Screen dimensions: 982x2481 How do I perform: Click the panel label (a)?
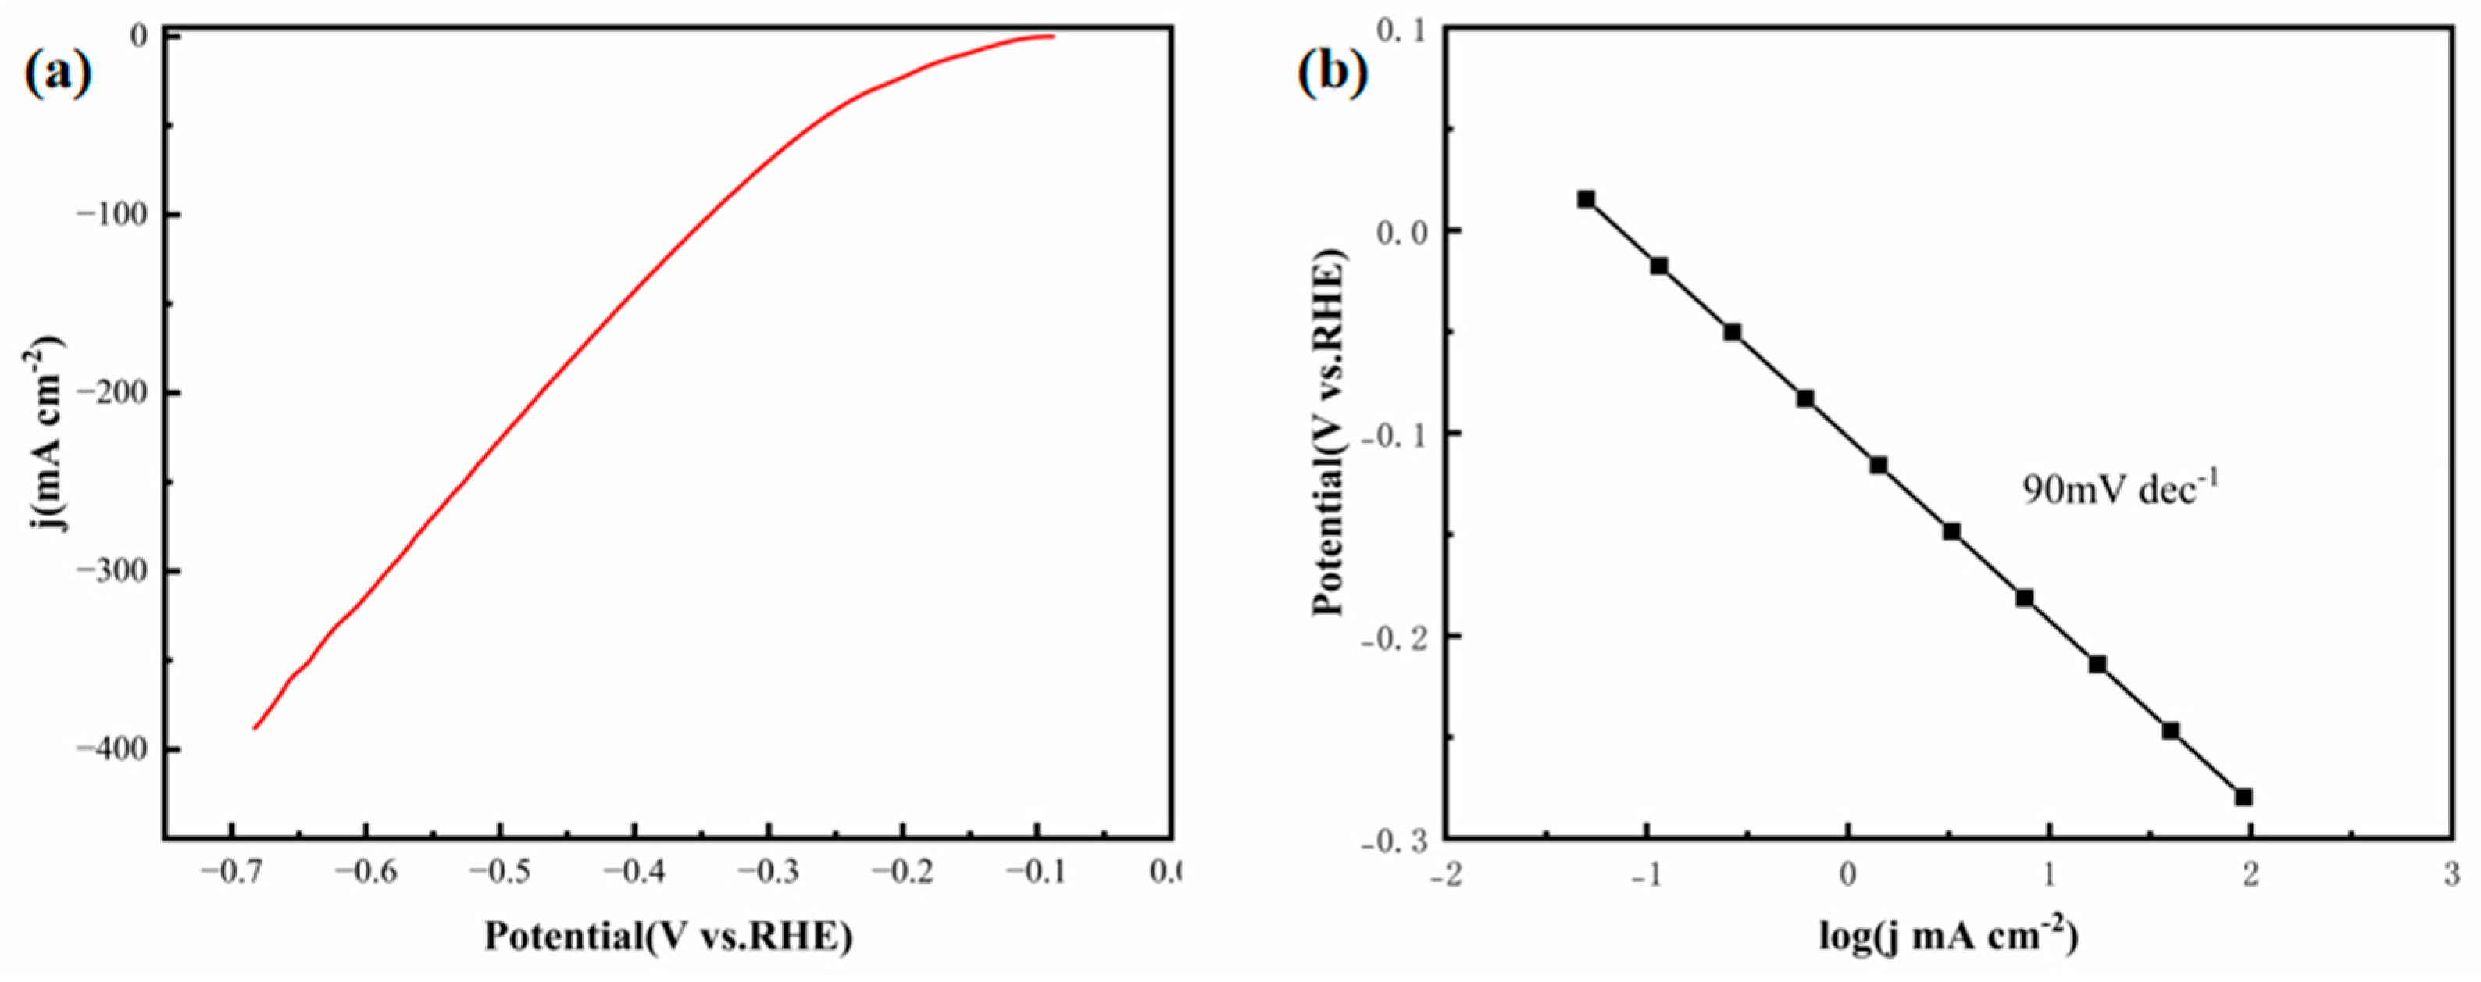(58, 74)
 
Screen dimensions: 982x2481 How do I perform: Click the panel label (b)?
(1333, 74)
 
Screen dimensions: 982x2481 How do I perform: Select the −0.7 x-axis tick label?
(231, 873)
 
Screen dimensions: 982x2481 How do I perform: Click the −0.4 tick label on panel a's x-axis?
(634, 873)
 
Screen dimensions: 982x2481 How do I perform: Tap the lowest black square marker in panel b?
(2243, 797)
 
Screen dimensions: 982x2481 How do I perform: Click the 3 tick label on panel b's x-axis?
(2452, 874)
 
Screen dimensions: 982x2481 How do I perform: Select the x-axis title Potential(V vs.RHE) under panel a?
(667, 937)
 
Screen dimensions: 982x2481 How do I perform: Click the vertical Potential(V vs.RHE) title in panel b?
(1329, 434)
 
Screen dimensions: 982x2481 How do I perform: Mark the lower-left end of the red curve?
(255, 728)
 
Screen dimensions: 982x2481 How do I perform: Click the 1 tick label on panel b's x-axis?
(2048, 874)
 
